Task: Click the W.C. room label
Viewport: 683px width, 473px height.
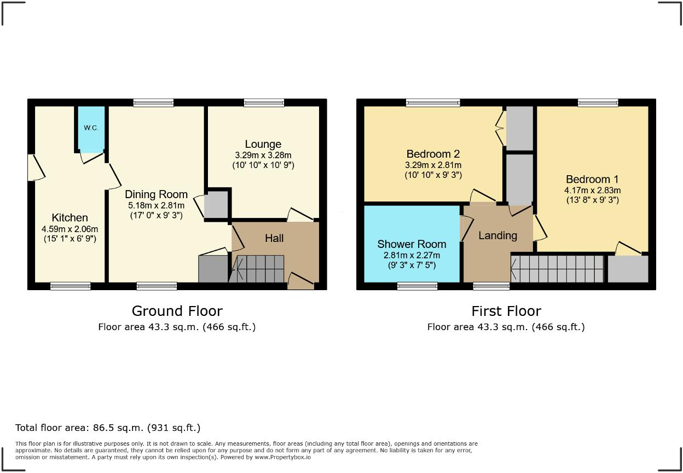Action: [x=91, y=128]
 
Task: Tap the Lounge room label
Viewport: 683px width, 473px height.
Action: [x=263, y=145]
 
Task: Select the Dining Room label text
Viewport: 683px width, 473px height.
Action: [x=156, y=194]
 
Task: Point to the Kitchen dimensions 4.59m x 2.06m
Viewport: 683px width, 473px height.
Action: [x=69, y=229]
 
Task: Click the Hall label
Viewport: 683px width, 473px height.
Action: [x=274, y=238]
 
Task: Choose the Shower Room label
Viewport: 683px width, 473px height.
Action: [x=412, y=244]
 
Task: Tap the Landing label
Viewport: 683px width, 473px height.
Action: [x=497, y=235]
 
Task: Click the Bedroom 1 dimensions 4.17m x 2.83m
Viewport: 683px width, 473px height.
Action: [x=592, y=191]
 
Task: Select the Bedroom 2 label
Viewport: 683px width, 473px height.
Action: [x=433, y=154]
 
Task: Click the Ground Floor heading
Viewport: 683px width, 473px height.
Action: [x=177, y=311]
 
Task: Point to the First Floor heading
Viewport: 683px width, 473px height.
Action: [x=506, y=311]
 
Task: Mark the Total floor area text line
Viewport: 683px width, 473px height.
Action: [x=108, y=428]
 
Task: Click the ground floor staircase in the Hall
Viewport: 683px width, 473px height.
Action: [x=257, y=269]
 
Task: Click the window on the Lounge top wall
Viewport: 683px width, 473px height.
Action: [x=264, y=102]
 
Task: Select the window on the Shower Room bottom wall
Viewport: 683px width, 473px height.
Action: [x=417, y=286]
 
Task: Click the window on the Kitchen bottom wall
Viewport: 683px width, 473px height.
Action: [x=70, y=286]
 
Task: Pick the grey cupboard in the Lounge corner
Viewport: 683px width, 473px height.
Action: [x=217, y=204]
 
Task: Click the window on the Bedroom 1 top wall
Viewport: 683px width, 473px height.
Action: [x=598, y=102]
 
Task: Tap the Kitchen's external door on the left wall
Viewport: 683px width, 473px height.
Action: [x=34, y=168]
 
